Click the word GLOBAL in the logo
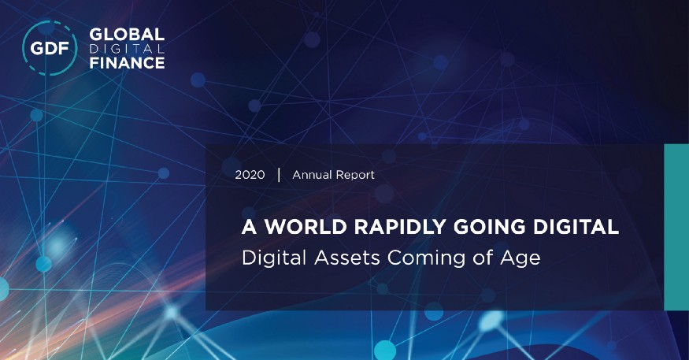(127, 35)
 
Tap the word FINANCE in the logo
(127, 62)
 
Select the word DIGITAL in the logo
(127, 49)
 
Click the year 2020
(250, 174)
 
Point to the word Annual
(313, 174)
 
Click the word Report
(357, 174)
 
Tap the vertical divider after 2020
(279, 174)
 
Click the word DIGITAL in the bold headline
(574, 228)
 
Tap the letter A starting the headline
(250, 228)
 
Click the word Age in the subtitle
(523, 258)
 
